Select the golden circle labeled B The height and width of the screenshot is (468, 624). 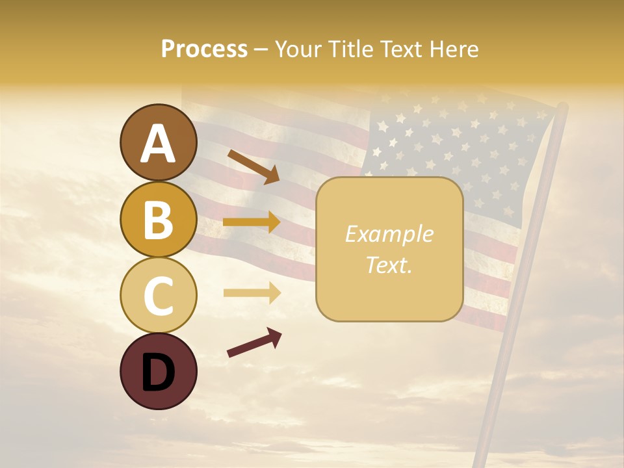158,219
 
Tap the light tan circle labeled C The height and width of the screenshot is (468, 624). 158,295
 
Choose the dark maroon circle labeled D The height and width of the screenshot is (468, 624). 158,371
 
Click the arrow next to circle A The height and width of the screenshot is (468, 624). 253,166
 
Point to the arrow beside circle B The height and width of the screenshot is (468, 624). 252,222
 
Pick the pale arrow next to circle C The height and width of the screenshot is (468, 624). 252,293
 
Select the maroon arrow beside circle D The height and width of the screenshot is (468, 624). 254,343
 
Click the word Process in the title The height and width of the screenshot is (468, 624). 204,49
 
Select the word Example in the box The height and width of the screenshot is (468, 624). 389,234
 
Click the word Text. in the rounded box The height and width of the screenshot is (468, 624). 389,265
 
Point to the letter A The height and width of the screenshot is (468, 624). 158,144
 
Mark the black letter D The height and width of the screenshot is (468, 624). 158,372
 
